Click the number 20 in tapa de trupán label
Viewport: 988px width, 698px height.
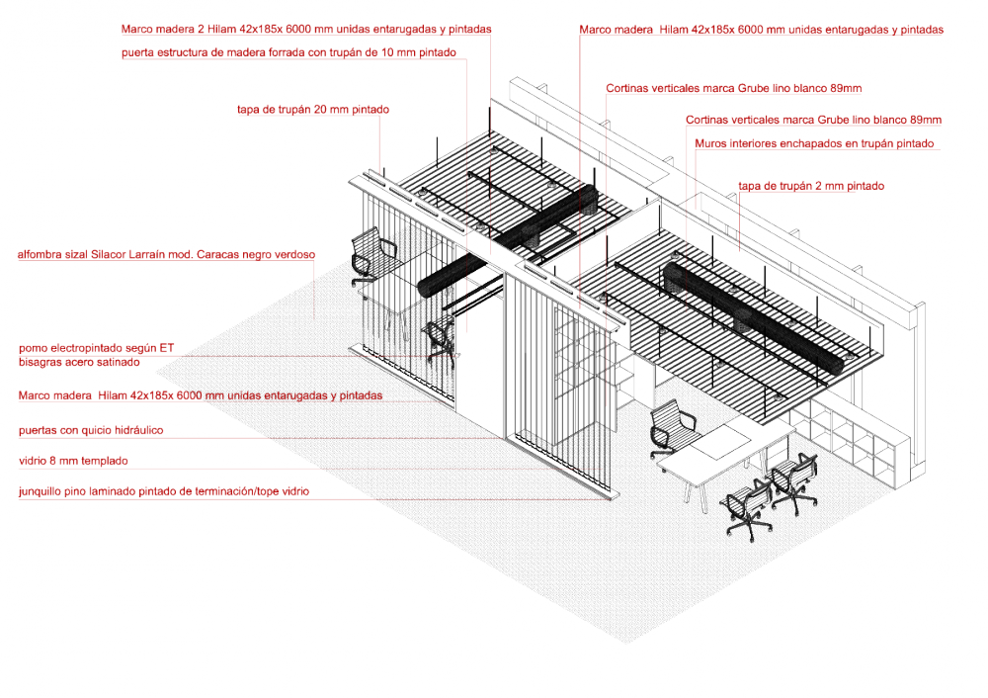pyautogui.click(x=320, y=110)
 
